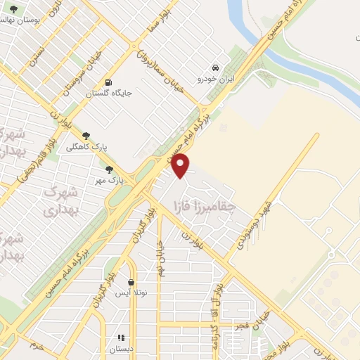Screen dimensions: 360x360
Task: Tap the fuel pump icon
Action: [x=108, y=82]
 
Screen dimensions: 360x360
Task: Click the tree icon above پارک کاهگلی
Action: [x=86, y=136]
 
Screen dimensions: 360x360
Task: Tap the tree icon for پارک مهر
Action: [x=108, y=169]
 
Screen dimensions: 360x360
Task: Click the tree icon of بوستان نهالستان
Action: [x=14, y=9]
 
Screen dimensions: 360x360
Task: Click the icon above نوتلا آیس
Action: [x=131, y=282]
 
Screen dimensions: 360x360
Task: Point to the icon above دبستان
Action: [x=120, y=337]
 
